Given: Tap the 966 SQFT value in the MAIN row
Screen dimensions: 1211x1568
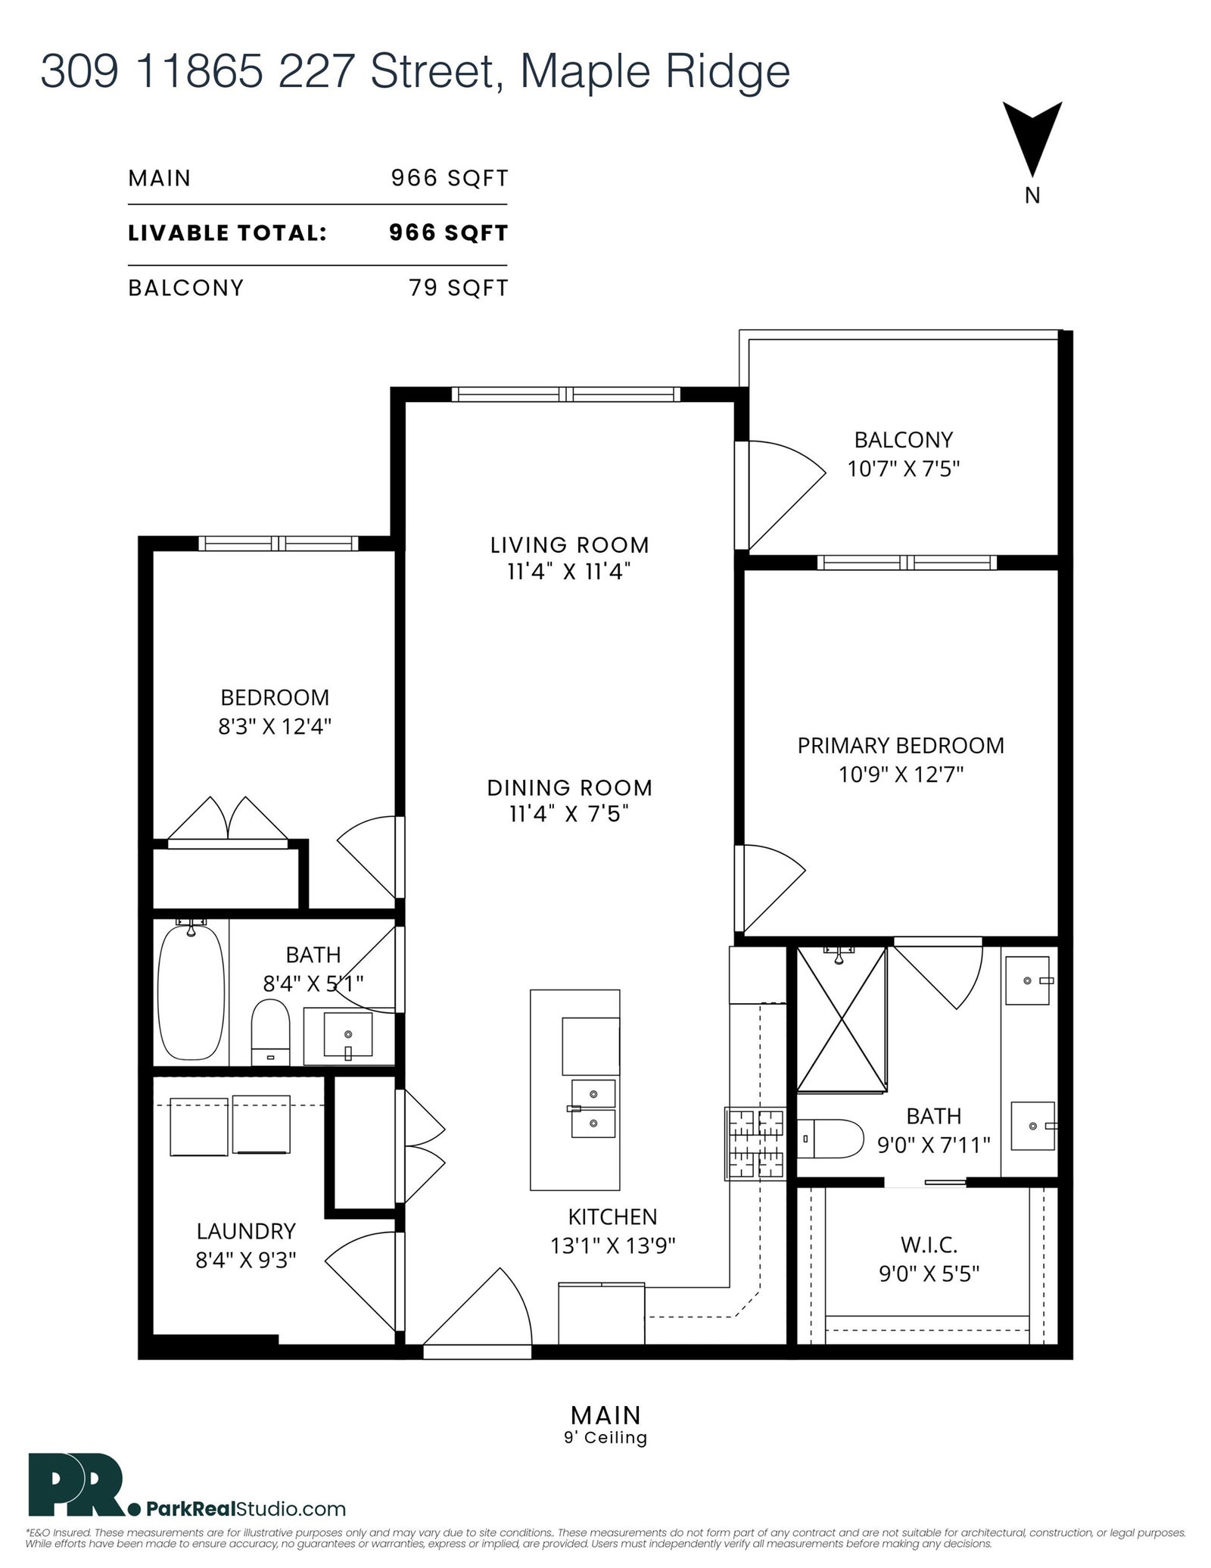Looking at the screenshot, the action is (449, 178).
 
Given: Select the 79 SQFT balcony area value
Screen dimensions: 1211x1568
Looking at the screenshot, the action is (459, 288).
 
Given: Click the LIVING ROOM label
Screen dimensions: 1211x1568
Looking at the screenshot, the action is (569, 544).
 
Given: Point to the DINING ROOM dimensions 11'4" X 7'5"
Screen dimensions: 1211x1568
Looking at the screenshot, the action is (569, 813).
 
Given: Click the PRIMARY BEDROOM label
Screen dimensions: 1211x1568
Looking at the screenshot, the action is (901, 745).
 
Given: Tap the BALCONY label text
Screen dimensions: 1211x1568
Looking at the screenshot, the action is (903, 439).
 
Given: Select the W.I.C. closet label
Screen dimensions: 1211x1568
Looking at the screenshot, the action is (929, 1243).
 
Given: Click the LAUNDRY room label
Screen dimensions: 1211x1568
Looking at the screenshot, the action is (246, 1231).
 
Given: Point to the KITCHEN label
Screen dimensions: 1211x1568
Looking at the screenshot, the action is (612, 1216).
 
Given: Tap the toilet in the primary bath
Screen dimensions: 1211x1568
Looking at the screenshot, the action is (830, 1138).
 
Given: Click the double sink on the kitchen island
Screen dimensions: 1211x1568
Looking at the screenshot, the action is (593, 1108).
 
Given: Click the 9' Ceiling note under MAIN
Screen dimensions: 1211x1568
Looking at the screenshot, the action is (605, 1436).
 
